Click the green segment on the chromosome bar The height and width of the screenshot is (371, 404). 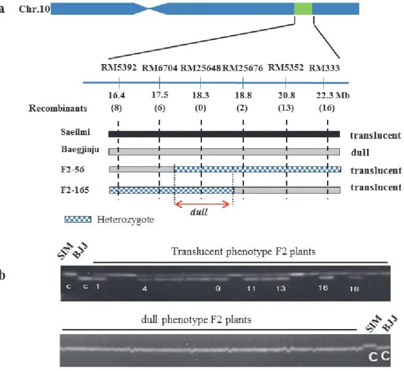[303, 9]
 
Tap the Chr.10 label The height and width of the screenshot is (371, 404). [34, 9]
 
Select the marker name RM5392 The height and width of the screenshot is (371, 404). [118, 68]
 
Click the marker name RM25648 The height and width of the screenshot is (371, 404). [200, 68]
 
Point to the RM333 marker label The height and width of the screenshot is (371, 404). [324, 68]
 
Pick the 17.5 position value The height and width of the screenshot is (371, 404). [160, 95]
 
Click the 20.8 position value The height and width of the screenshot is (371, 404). [286, 95]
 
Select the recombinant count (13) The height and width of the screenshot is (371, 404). [286, 108]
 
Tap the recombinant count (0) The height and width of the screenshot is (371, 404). [200, 108]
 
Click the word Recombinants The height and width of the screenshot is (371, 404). [58, 108]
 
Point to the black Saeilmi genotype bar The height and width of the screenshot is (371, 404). [224, 134]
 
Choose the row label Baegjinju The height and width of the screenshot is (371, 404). [80, 150]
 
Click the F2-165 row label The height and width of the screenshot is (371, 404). [75, 190]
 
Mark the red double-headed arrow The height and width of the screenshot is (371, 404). [202, 204]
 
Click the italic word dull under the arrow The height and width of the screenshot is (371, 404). [199, 212]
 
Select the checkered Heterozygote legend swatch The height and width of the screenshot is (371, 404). [78, 220]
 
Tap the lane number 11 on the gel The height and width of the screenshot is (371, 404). [251, 289]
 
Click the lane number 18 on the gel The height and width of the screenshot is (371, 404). [354, 289]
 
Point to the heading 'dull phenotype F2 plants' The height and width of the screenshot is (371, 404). [196, 320]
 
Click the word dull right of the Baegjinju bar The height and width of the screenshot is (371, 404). [360, 153]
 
